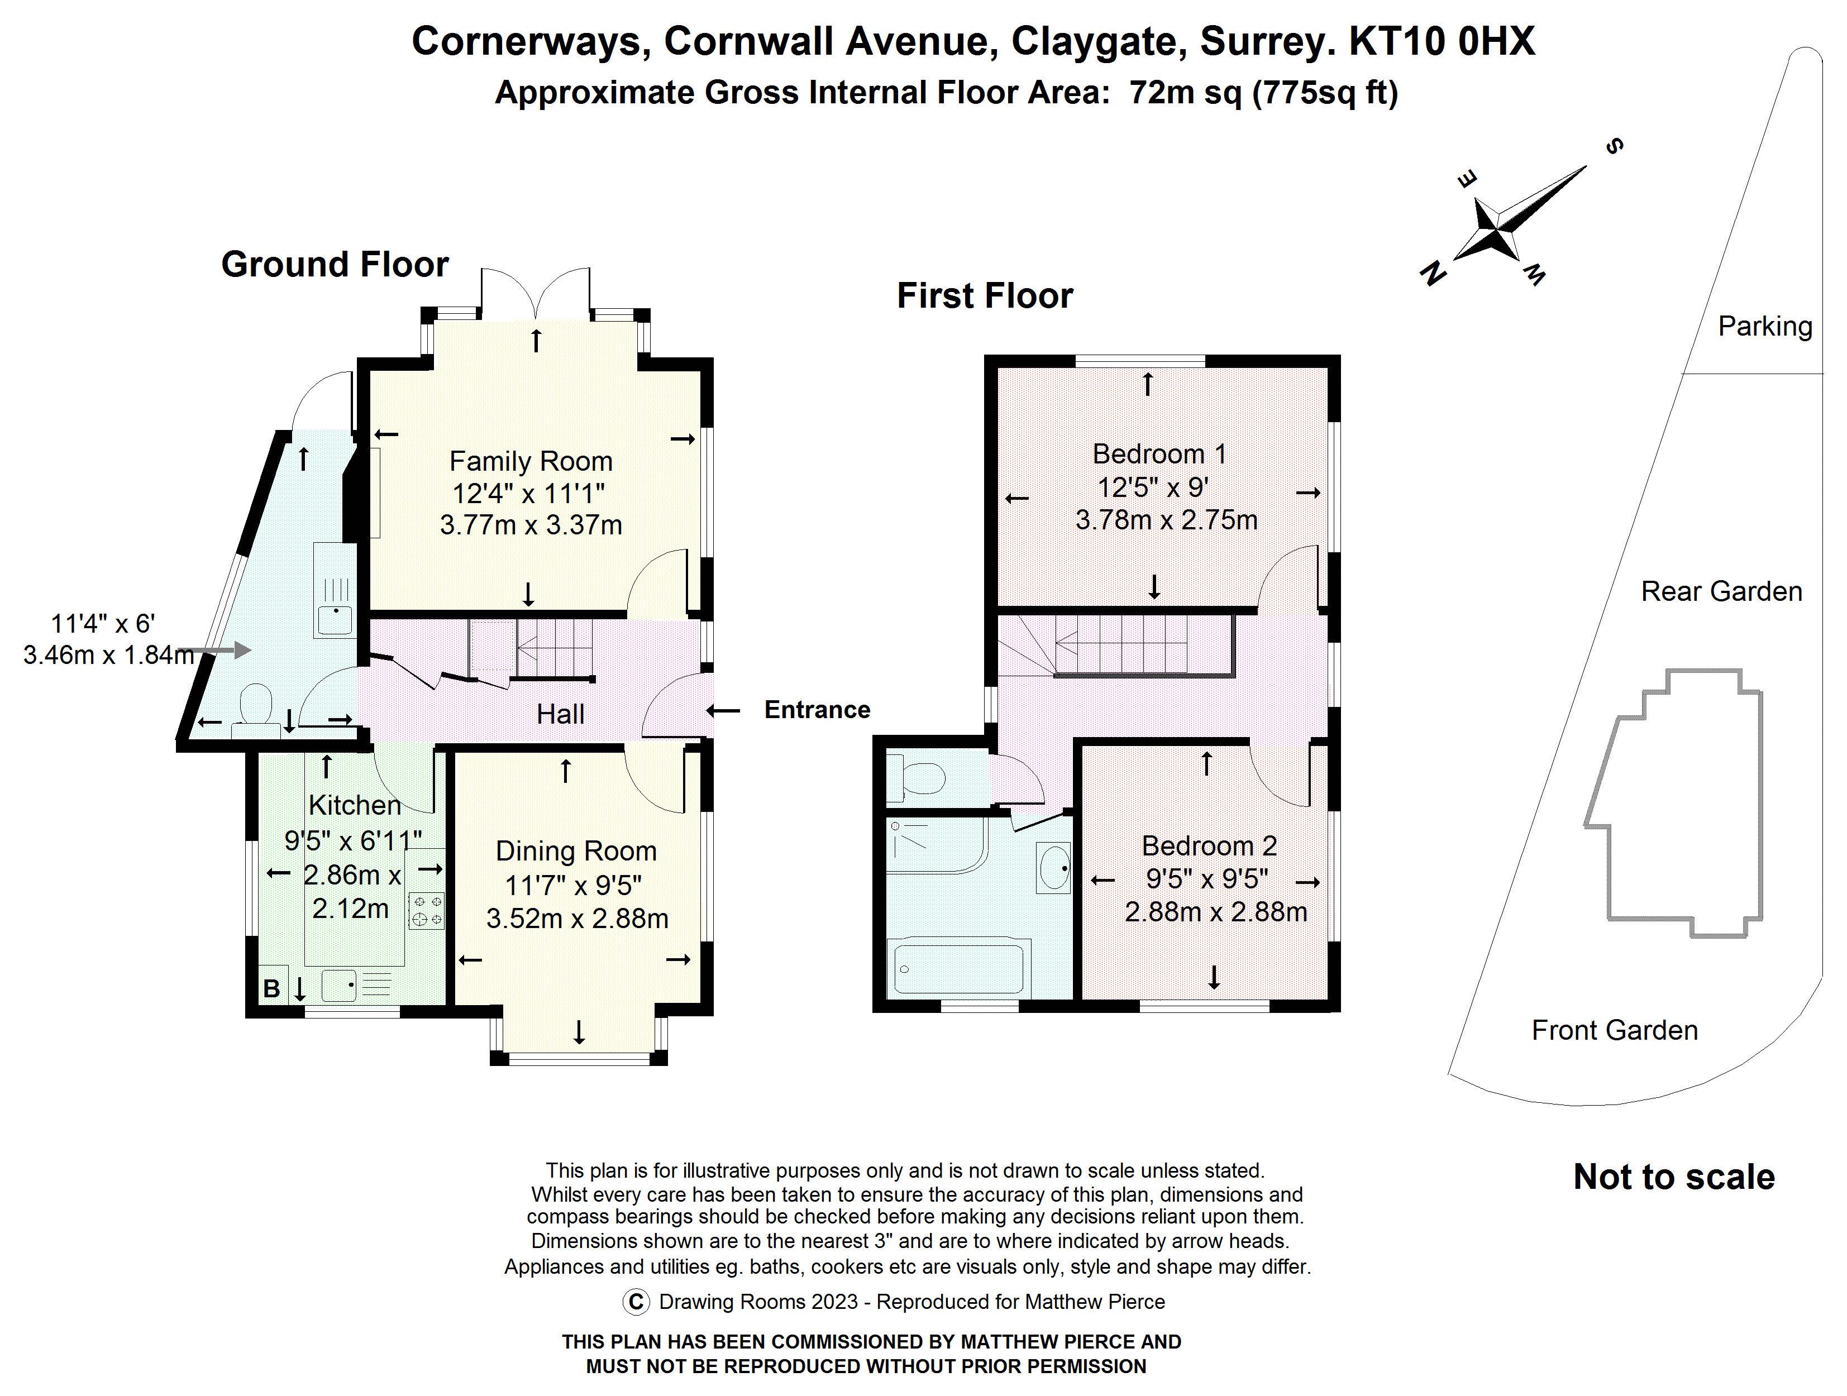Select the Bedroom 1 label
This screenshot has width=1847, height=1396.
tap(1159, 453)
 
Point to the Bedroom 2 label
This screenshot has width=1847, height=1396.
tap(1209, 846)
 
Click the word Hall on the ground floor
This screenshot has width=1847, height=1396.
tap(560, 714)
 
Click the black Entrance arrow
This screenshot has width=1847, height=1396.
tap(723, 710)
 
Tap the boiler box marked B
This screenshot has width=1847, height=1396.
tap(272, 988)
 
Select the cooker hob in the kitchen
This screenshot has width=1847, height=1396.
tap(426, 911)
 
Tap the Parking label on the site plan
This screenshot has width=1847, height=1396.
tap(1764, 327)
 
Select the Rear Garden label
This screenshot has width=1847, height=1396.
tap(1721, 591)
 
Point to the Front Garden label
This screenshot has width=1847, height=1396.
tap(1614, 1030)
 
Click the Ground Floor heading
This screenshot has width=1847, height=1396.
tap(335, 265)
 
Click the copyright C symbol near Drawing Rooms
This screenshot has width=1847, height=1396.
tap(636, 1302)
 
